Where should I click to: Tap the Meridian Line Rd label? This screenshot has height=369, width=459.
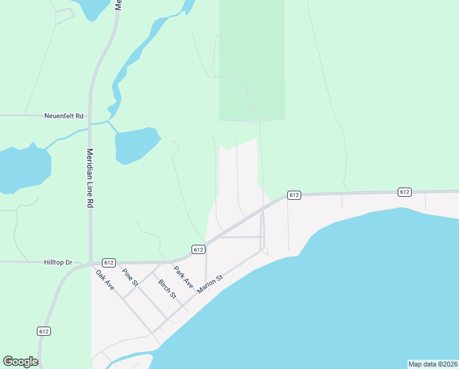point(90,178)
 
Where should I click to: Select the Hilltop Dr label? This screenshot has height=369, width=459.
point(58,262)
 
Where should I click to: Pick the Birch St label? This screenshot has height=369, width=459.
point(167,289)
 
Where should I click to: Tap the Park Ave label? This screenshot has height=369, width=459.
point(183,277)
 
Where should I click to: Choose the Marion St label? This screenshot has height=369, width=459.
point(209,284)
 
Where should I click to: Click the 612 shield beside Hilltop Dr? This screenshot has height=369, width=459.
point(109,263)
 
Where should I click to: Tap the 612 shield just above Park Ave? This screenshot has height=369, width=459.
point(198,249)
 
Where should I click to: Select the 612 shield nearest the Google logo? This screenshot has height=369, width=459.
point(44,331)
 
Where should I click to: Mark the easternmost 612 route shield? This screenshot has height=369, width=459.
point(404,192)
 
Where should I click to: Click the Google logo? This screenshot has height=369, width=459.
point(20,362)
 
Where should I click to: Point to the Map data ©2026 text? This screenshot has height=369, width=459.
point(433,364)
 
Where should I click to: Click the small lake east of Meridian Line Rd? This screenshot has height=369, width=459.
point(136,145)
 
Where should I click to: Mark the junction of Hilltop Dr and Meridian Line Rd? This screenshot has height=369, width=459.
point(90,262)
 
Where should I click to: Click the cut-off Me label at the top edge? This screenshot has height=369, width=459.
point(118,6)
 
